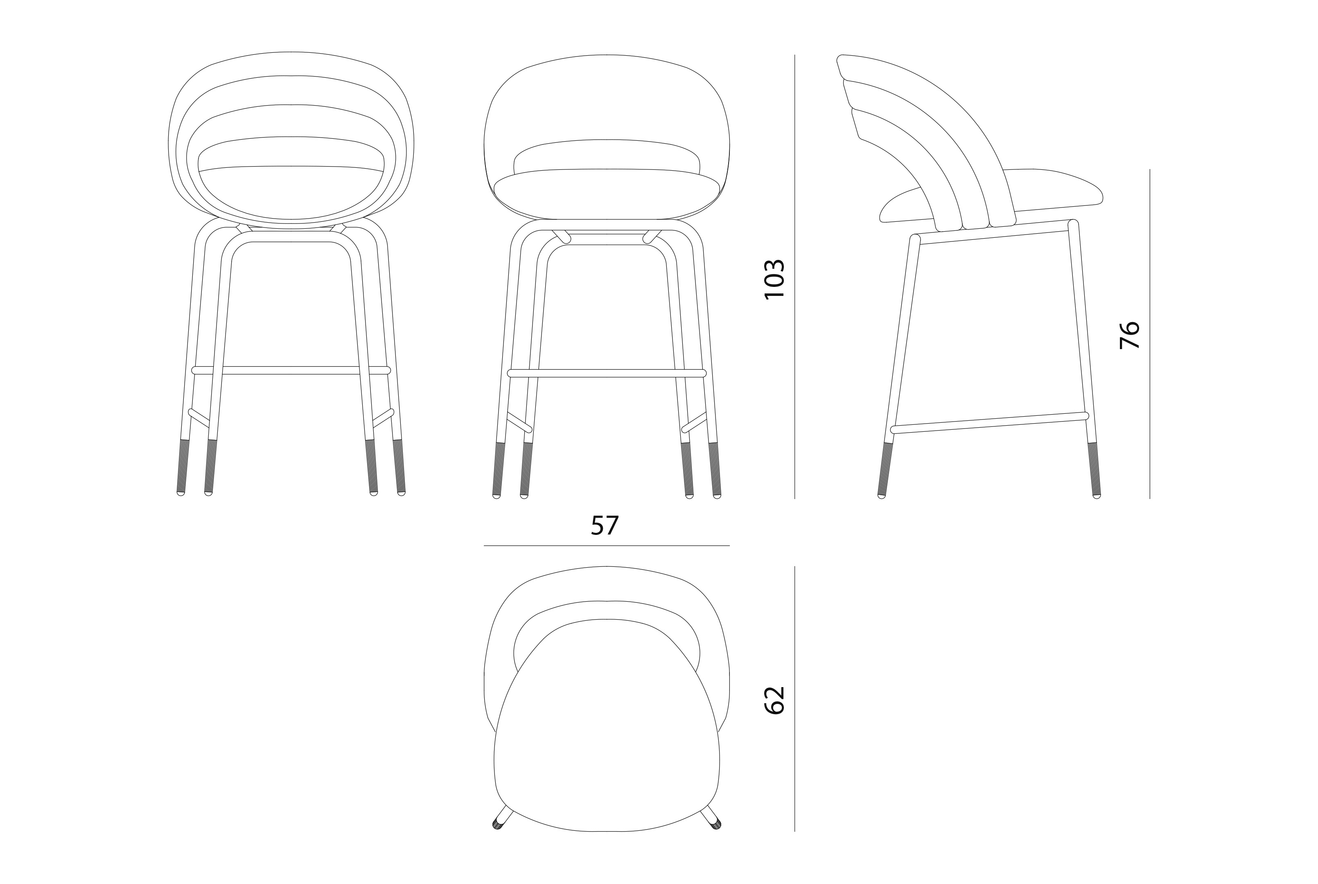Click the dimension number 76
pos(1129,335)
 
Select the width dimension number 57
pos(605,526)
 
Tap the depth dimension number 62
pos(774,701)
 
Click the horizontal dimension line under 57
pos(607,546)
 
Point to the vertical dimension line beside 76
pos(1149,334)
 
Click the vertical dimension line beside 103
pos(794,277)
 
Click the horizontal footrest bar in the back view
pos(291,370)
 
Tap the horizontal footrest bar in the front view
pos(607,373)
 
